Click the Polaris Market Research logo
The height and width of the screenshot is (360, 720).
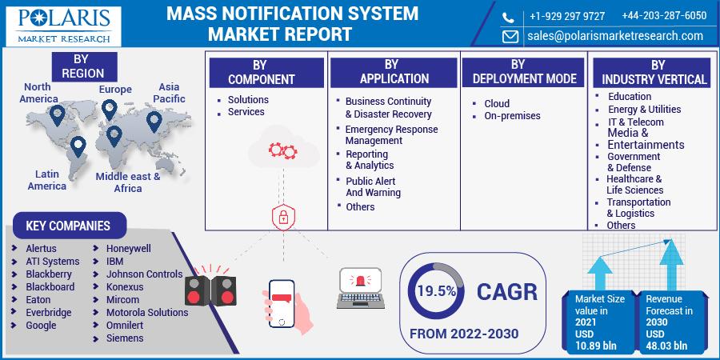coord(63,26)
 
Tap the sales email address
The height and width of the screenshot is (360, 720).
coord(615,36)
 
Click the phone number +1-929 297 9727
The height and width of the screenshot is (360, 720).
coord(567,16)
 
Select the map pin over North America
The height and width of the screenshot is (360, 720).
coord(57,115)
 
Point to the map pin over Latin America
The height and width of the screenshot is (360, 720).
coord(78,146)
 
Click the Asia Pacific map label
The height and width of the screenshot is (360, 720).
coord(169,93)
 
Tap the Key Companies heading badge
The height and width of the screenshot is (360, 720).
coord(69,226)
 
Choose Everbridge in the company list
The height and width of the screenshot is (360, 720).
coord(49,312)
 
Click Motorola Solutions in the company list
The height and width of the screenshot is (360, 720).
coord(147,312)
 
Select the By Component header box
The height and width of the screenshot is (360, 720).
coord(266,72)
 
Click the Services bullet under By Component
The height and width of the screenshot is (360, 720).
coord(246,111)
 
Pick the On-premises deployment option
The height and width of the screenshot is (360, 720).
coord(513,116)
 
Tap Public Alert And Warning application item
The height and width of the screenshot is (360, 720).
coord(373,187)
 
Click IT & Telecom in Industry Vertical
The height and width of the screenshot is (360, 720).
coord(636,122)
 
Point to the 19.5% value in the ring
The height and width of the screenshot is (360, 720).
coord(436,291)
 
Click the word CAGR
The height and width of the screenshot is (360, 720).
coord(506,291)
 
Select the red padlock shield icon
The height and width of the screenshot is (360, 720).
coord(283,217)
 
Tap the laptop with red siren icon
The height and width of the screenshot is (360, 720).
coord(361,288)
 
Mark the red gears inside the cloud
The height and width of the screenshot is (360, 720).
coord(283,150)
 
